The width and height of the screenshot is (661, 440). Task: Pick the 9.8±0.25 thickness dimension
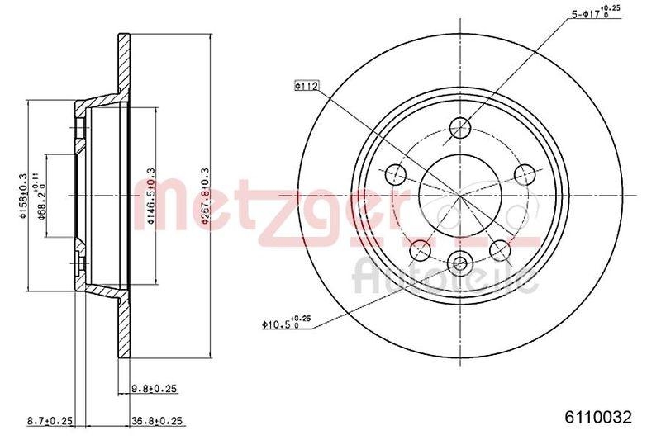155,388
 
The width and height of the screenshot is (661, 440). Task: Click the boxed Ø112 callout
306,84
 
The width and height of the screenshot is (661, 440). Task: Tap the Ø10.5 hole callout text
286,324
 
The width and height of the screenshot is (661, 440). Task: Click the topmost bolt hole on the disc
461,126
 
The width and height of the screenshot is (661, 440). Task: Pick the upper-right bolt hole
525,173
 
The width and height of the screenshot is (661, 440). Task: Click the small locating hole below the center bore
461,264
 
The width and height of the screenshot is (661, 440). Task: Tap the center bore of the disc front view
461,195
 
